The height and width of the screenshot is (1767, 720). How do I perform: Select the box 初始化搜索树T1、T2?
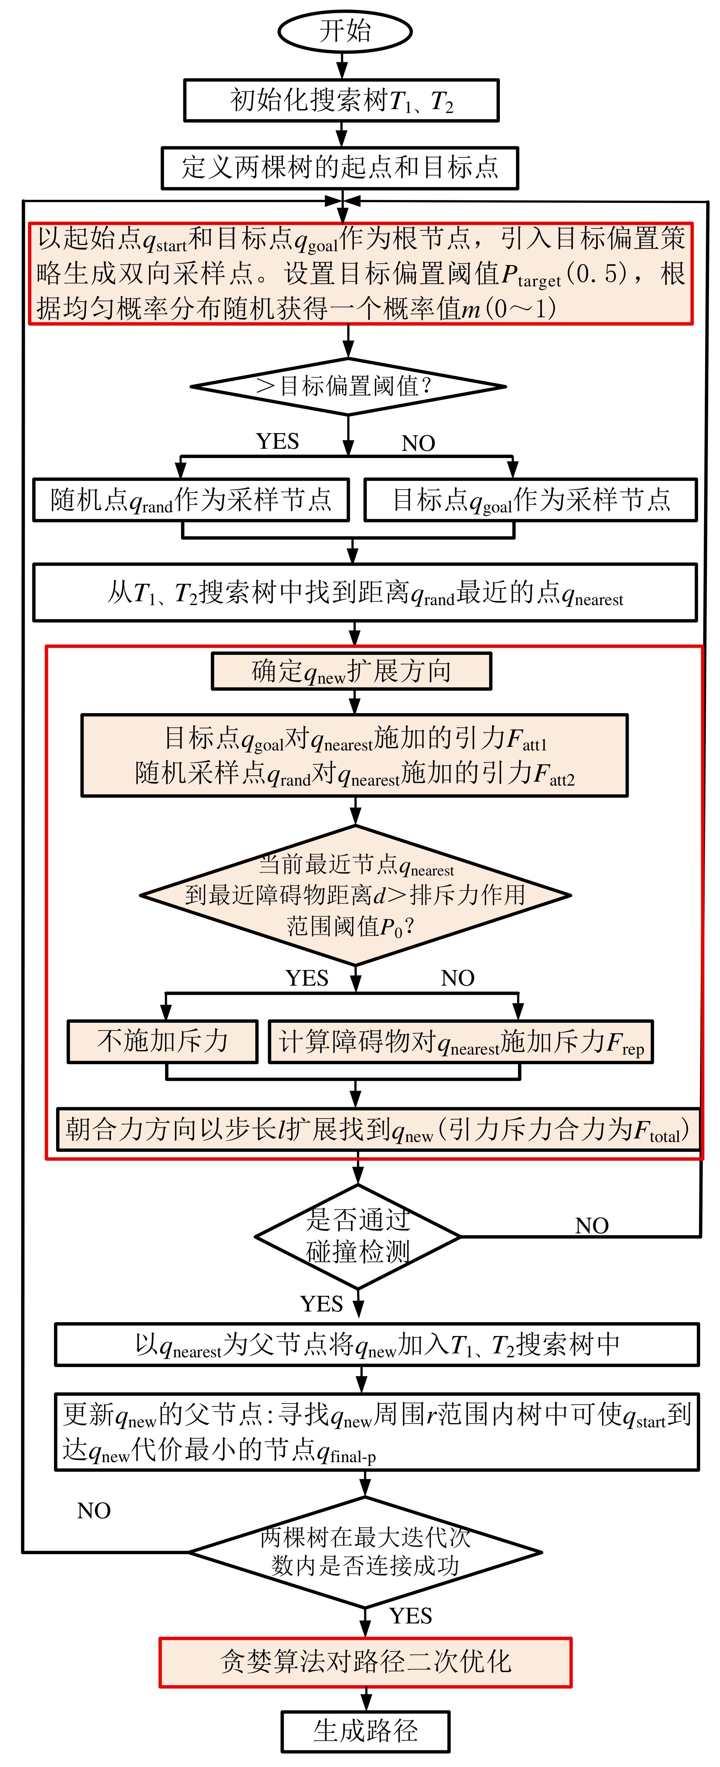click(x=341, y=101)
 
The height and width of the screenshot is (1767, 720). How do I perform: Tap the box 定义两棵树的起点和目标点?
click(x=339, y=167)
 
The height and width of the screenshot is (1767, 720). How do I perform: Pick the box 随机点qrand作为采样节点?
click(x=191, y=499)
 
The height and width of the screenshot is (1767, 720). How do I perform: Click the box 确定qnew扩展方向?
click(x=351, y=671)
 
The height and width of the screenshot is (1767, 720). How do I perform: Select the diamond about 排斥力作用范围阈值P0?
click(x=355, y=895)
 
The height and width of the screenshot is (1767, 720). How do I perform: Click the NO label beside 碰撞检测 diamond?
click(x=591, y=1225)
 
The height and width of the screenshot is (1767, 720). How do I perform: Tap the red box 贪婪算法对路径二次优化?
click(x=365, y=1662)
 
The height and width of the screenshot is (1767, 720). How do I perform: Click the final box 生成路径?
click(x=365, y=1731)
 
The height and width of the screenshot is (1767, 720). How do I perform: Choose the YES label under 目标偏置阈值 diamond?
click(x=278, y=441)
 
